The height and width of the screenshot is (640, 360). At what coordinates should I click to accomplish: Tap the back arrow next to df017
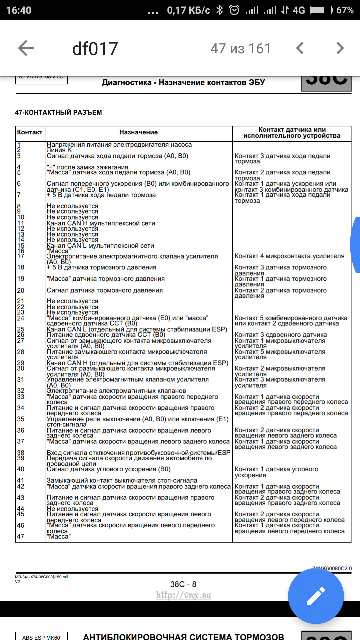[26, 48]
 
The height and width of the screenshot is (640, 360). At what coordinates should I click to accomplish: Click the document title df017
[95, 49]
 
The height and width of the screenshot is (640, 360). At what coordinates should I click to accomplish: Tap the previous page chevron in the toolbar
[300, 48]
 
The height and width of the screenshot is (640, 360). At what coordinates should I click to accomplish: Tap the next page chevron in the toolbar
[340, 48]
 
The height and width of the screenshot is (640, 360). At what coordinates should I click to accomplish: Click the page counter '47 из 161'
[240, 49]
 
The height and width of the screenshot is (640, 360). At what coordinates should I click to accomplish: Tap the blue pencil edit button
[316, 596]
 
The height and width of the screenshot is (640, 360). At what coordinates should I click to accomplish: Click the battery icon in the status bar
[321, 10]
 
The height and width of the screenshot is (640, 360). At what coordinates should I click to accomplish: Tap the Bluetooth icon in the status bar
[220, 10]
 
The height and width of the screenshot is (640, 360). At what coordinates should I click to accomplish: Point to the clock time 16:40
[19, 10]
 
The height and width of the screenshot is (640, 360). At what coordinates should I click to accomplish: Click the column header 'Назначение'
[138, 132]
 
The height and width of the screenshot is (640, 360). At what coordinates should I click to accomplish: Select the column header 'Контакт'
[30, 132]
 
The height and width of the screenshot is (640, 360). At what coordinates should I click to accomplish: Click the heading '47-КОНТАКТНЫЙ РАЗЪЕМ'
[58, 113]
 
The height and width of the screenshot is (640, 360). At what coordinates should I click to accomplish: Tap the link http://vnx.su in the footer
[183, 595]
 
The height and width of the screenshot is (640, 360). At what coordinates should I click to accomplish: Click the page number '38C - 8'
[183, 584]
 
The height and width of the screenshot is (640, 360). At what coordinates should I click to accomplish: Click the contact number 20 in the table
[21, 291]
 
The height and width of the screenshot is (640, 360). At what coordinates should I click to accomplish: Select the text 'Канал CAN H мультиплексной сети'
[101, 223]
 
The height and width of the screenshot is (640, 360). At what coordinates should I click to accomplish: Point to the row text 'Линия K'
[59, 150]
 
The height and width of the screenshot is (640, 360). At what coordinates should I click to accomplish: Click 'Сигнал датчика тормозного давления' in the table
[105, 291]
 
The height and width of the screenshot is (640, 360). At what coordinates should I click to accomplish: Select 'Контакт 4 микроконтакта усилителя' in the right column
[289, 256]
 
